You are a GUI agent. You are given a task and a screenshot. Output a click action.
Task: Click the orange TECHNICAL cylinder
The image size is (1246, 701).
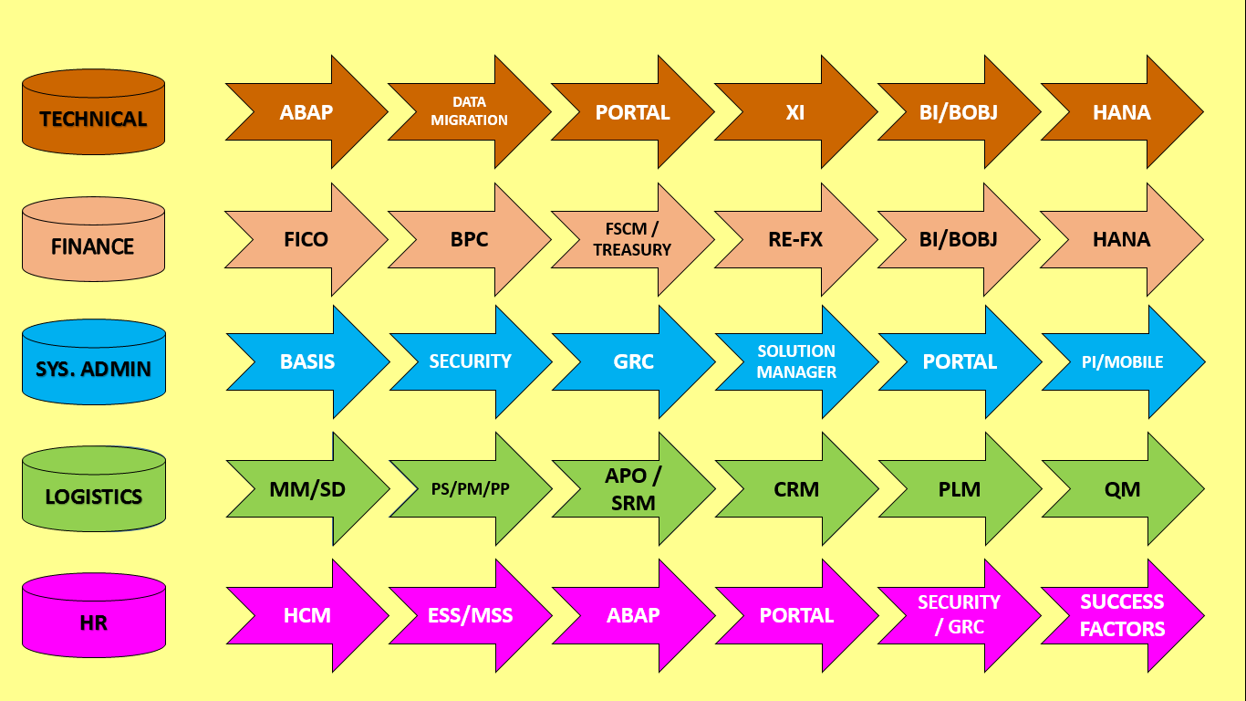coord(93,114)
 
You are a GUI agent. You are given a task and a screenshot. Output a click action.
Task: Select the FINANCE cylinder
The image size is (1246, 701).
coord(93,242)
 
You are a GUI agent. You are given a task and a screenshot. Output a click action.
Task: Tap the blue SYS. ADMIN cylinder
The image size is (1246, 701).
coord(93,365)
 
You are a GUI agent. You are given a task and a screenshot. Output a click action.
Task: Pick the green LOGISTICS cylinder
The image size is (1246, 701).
coord(93,493)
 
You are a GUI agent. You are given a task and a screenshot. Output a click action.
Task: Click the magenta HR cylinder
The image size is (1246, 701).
coord(93,619)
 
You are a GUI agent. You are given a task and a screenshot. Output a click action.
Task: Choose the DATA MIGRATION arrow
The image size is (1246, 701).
coord(469,111)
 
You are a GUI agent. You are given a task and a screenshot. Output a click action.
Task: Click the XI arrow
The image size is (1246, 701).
coord(795,112)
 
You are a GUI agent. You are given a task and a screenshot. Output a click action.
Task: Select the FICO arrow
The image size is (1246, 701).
coord(306,239)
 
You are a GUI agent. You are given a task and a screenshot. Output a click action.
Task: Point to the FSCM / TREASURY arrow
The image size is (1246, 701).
coord(632,239)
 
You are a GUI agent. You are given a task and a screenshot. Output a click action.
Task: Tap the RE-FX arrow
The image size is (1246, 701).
coord(795,239)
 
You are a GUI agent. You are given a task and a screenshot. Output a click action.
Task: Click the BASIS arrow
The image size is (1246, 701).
coord(307,361)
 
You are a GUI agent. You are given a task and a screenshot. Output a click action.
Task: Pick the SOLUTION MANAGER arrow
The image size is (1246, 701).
coord(796,361)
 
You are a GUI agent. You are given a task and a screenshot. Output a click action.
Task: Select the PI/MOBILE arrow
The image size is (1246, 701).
coord(1123,361)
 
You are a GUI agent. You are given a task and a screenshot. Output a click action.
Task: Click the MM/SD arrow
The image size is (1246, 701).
coord(307,488)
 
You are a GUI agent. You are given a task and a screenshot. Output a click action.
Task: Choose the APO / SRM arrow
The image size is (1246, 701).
coord(633,488)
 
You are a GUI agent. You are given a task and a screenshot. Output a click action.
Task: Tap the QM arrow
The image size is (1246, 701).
coord(1123,488)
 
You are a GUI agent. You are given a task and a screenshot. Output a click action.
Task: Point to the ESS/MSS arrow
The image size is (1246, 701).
coord(471,615)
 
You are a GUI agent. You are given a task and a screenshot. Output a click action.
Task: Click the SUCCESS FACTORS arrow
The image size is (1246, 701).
coord(1123,615)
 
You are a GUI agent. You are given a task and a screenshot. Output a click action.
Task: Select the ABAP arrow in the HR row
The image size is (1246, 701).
coord(633,615)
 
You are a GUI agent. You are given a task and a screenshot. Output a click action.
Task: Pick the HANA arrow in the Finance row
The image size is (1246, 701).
coord(1122,239)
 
